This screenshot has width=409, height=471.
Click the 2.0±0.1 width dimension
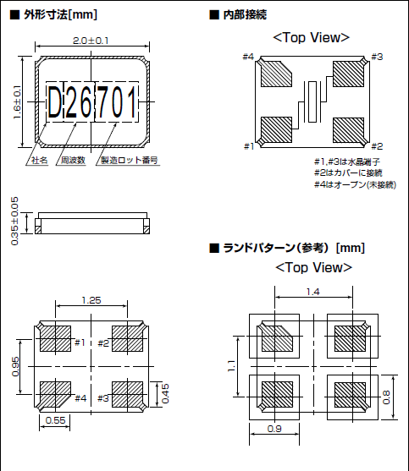click(91, 41)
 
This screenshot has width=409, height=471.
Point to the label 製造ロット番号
click(130, 159)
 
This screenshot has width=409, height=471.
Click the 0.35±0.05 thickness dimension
click(14, 222)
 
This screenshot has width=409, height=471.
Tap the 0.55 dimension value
click(55, 420)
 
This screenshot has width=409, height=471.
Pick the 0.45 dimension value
click(165, 393)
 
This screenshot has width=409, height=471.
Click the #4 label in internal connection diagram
click(248, 57)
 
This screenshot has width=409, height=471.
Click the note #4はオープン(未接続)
click(354, 184)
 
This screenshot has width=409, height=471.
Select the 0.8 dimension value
click(389, 396)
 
